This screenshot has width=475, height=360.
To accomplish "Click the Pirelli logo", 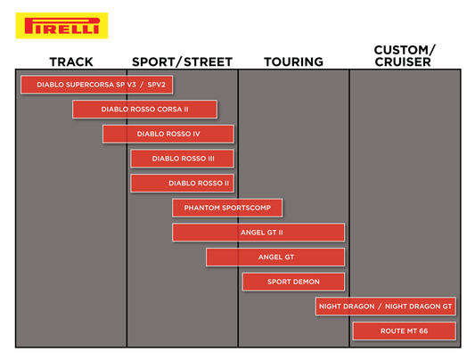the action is (61, 26).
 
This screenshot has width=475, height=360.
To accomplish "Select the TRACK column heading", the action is (71, 62).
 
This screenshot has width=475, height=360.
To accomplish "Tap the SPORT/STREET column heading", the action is (182, 62).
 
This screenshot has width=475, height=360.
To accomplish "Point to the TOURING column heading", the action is (293, 62).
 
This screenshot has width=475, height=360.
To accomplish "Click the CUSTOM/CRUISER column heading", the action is (404, 56).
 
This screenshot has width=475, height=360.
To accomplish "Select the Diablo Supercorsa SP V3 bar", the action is (96, 85).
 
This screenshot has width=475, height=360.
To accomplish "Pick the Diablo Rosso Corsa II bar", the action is (144, 110).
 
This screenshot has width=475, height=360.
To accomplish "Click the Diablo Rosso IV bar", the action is (168, 134).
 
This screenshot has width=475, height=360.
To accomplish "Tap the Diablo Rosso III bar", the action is (182, 159).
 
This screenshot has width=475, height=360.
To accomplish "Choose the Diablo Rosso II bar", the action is (182, 184).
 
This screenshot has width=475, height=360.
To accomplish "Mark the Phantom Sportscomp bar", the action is (227, 208).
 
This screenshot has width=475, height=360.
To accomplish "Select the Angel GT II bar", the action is (258, 233).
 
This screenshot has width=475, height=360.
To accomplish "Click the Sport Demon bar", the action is (293, 282).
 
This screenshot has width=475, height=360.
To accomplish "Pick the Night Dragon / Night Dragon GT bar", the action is (385, 307).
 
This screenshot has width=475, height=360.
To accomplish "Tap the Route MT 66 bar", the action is (404, 331).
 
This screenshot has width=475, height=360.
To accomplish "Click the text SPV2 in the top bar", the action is (156, 85).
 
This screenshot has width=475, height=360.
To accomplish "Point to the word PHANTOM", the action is (201, 208).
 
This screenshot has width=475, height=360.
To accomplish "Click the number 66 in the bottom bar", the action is (423, 331).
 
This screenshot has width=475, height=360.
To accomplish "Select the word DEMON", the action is (306, 282).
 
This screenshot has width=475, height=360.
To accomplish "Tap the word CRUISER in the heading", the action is (403, 62).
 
